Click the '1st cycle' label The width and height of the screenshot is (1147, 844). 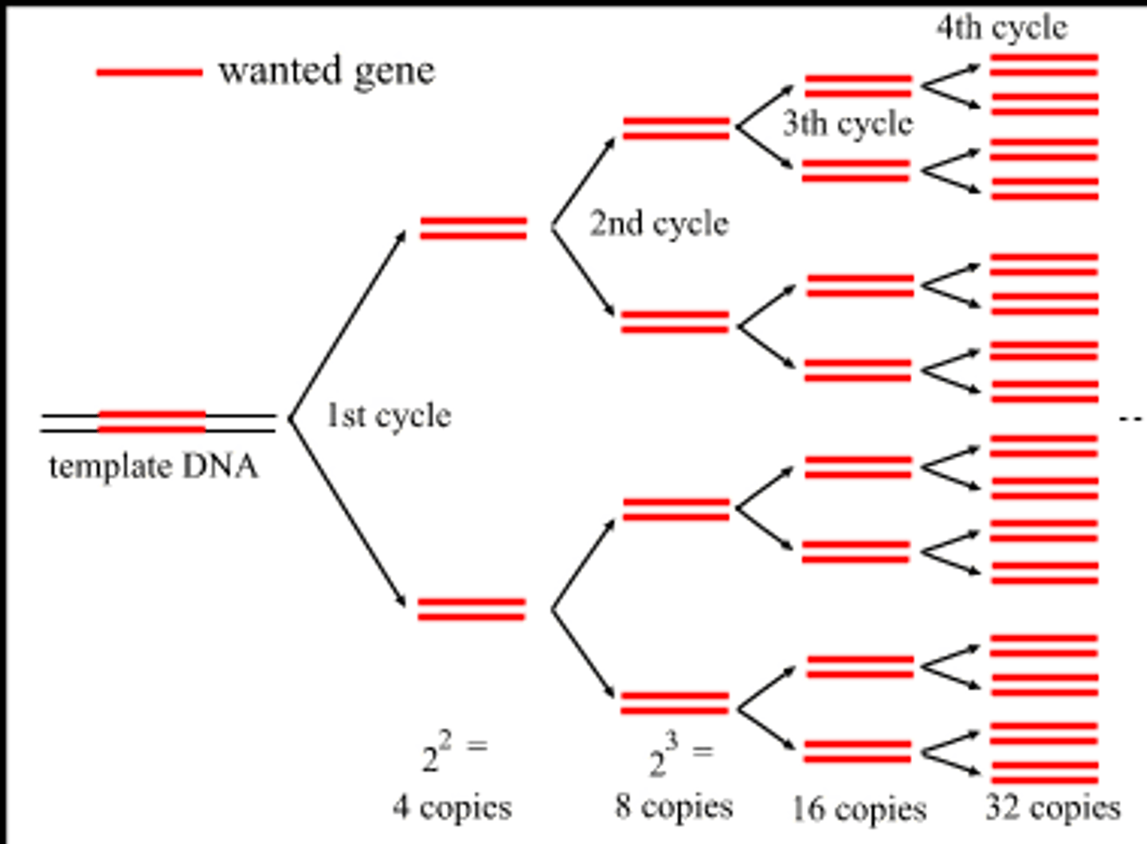[389, 416]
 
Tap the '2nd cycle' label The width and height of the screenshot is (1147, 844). [659, 224]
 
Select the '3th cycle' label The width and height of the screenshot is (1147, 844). [848, 124]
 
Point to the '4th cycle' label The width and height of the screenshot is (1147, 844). [1001, 28]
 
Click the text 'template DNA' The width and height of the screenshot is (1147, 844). [154, 467]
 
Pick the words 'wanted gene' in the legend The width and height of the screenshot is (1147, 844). [327, 72]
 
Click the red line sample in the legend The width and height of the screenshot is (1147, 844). [149, 72]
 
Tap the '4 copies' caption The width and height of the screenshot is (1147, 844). [452, 807]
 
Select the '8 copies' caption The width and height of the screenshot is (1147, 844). [673, 807]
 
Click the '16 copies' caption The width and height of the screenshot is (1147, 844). [859, 809]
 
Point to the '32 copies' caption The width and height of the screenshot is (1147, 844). [1053, 808]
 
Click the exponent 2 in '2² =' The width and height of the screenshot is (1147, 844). [444, 741]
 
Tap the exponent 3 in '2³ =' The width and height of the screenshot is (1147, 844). [672, 742]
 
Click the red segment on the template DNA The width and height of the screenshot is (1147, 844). [151, 422]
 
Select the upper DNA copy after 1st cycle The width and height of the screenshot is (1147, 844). [473, 228]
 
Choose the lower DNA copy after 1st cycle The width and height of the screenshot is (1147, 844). [472, 609]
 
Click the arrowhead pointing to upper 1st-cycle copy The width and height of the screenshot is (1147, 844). [401, 236]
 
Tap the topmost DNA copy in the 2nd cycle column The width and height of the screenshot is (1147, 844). [675, 128]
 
